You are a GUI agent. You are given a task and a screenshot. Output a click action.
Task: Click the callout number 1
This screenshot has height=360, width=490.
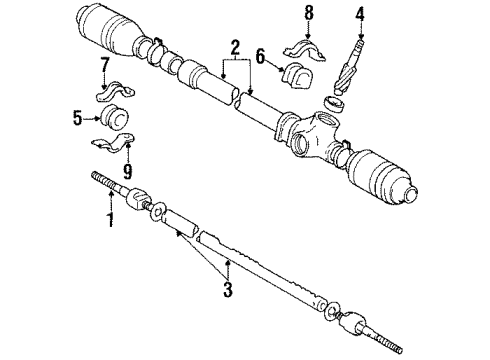(111, 216)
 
